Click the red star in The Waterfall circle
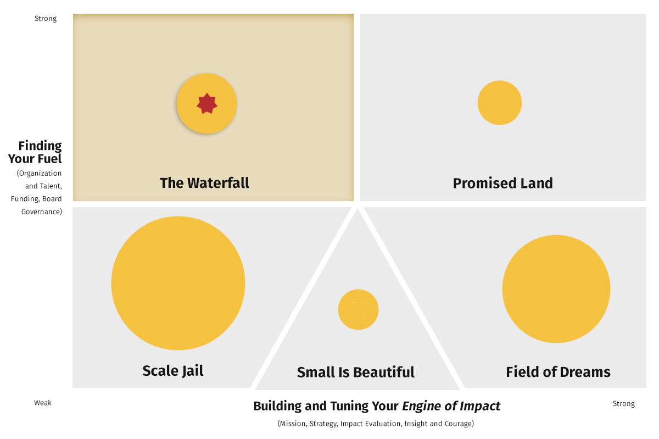point(207,104)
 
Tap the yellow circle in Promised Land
point(500,103)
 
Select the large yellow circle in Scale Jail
point(178,284)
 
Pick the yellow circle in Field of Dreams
point(556,289)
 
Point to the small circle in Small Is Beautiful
point(358,309)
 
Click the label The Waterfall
point(204,183)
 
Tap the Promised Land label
point(503,183)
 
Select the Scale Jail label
point(172,371)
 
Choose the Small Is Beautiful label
point(356,372)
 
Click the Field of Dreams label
point(558,372)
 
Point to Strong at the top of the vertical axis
point(46,19)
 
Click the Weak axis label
point(43,403)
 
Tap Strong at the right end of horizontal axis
point(624,404)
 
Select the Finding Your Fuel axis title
point(35,152)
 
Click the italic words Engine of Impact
point(451,406)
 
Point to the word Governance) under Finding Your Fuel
point(42,212)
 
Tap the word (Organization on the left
point(39,174)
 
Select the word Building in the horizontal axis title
point(277,406)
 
